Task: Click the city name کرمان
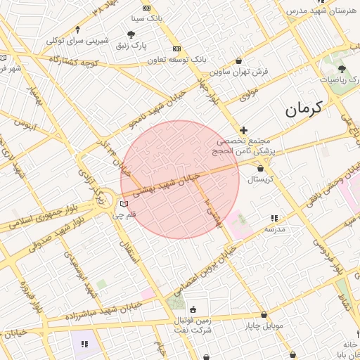pyautogui.click(x=303, y=108)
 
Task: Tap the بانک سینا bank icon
pyautogui.click(x=146, y=8)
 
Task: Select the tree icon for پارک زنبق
pyautogui.click(x=131, y=34)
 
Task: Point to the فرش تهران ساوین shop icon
pyautogui.click(x=240, y=60)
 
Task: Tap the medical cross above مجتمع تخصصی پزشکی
pyautogui.click(x=244, y=130)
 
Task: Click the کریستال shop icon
pyautogui.click(x=260, y=169)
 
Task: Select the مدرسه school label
pyautogui.click(x=274, y=229)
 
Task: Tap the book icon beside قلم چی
pyautogui.click(x=124, y=204)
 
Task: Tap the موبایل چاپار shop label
pyautogui.click(x=264, y=326)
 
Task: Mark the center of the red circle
pyautogui.click(x=180, y=179)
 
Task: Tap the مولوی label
pyautogui.click(x=250, y=91)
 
